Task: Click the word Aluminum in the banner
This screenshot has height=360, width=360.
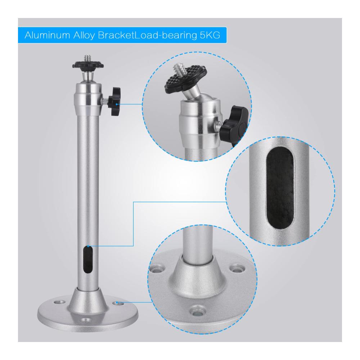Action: tap(47, 35)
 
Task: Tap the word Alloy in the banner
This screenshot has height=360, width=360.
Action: tap(84, 36)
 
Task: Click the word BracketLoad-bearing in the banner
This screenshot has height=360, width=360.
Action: tap(147, 36)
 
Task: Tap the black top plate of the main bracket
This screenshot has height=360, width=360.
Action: tap(88, 65)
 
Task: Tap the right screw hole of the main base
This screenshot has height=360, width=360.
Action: tap(118, 303)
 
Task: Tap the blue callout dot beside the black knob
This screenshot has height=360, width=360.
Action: tap(117, 104)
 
